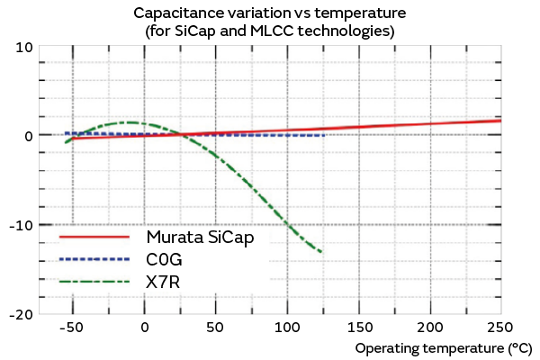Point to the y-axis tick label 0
(x=29, y=136)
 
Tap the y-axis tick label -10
(x=22, y=225)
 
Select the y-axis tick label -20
(x=22, y=314)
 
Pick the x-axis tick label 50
(x=215, y=328)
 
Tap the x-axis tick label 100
(x=287, y=328)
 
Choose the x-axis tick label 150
(x=359, y=328)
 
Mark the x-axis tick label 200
(x=431, y=328)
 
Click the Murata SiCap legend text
(x=206, y=238)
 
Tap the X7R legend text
(x=163, y=282)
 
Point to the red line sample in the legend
(x=94, y=238)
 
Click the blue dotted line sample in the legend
(x=94, y=260)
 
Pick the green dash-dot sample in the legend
(x=94, y=282)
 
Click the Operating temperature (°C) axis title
(x=444, y=347)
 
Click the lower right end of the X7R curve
(x=321, y=252)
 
